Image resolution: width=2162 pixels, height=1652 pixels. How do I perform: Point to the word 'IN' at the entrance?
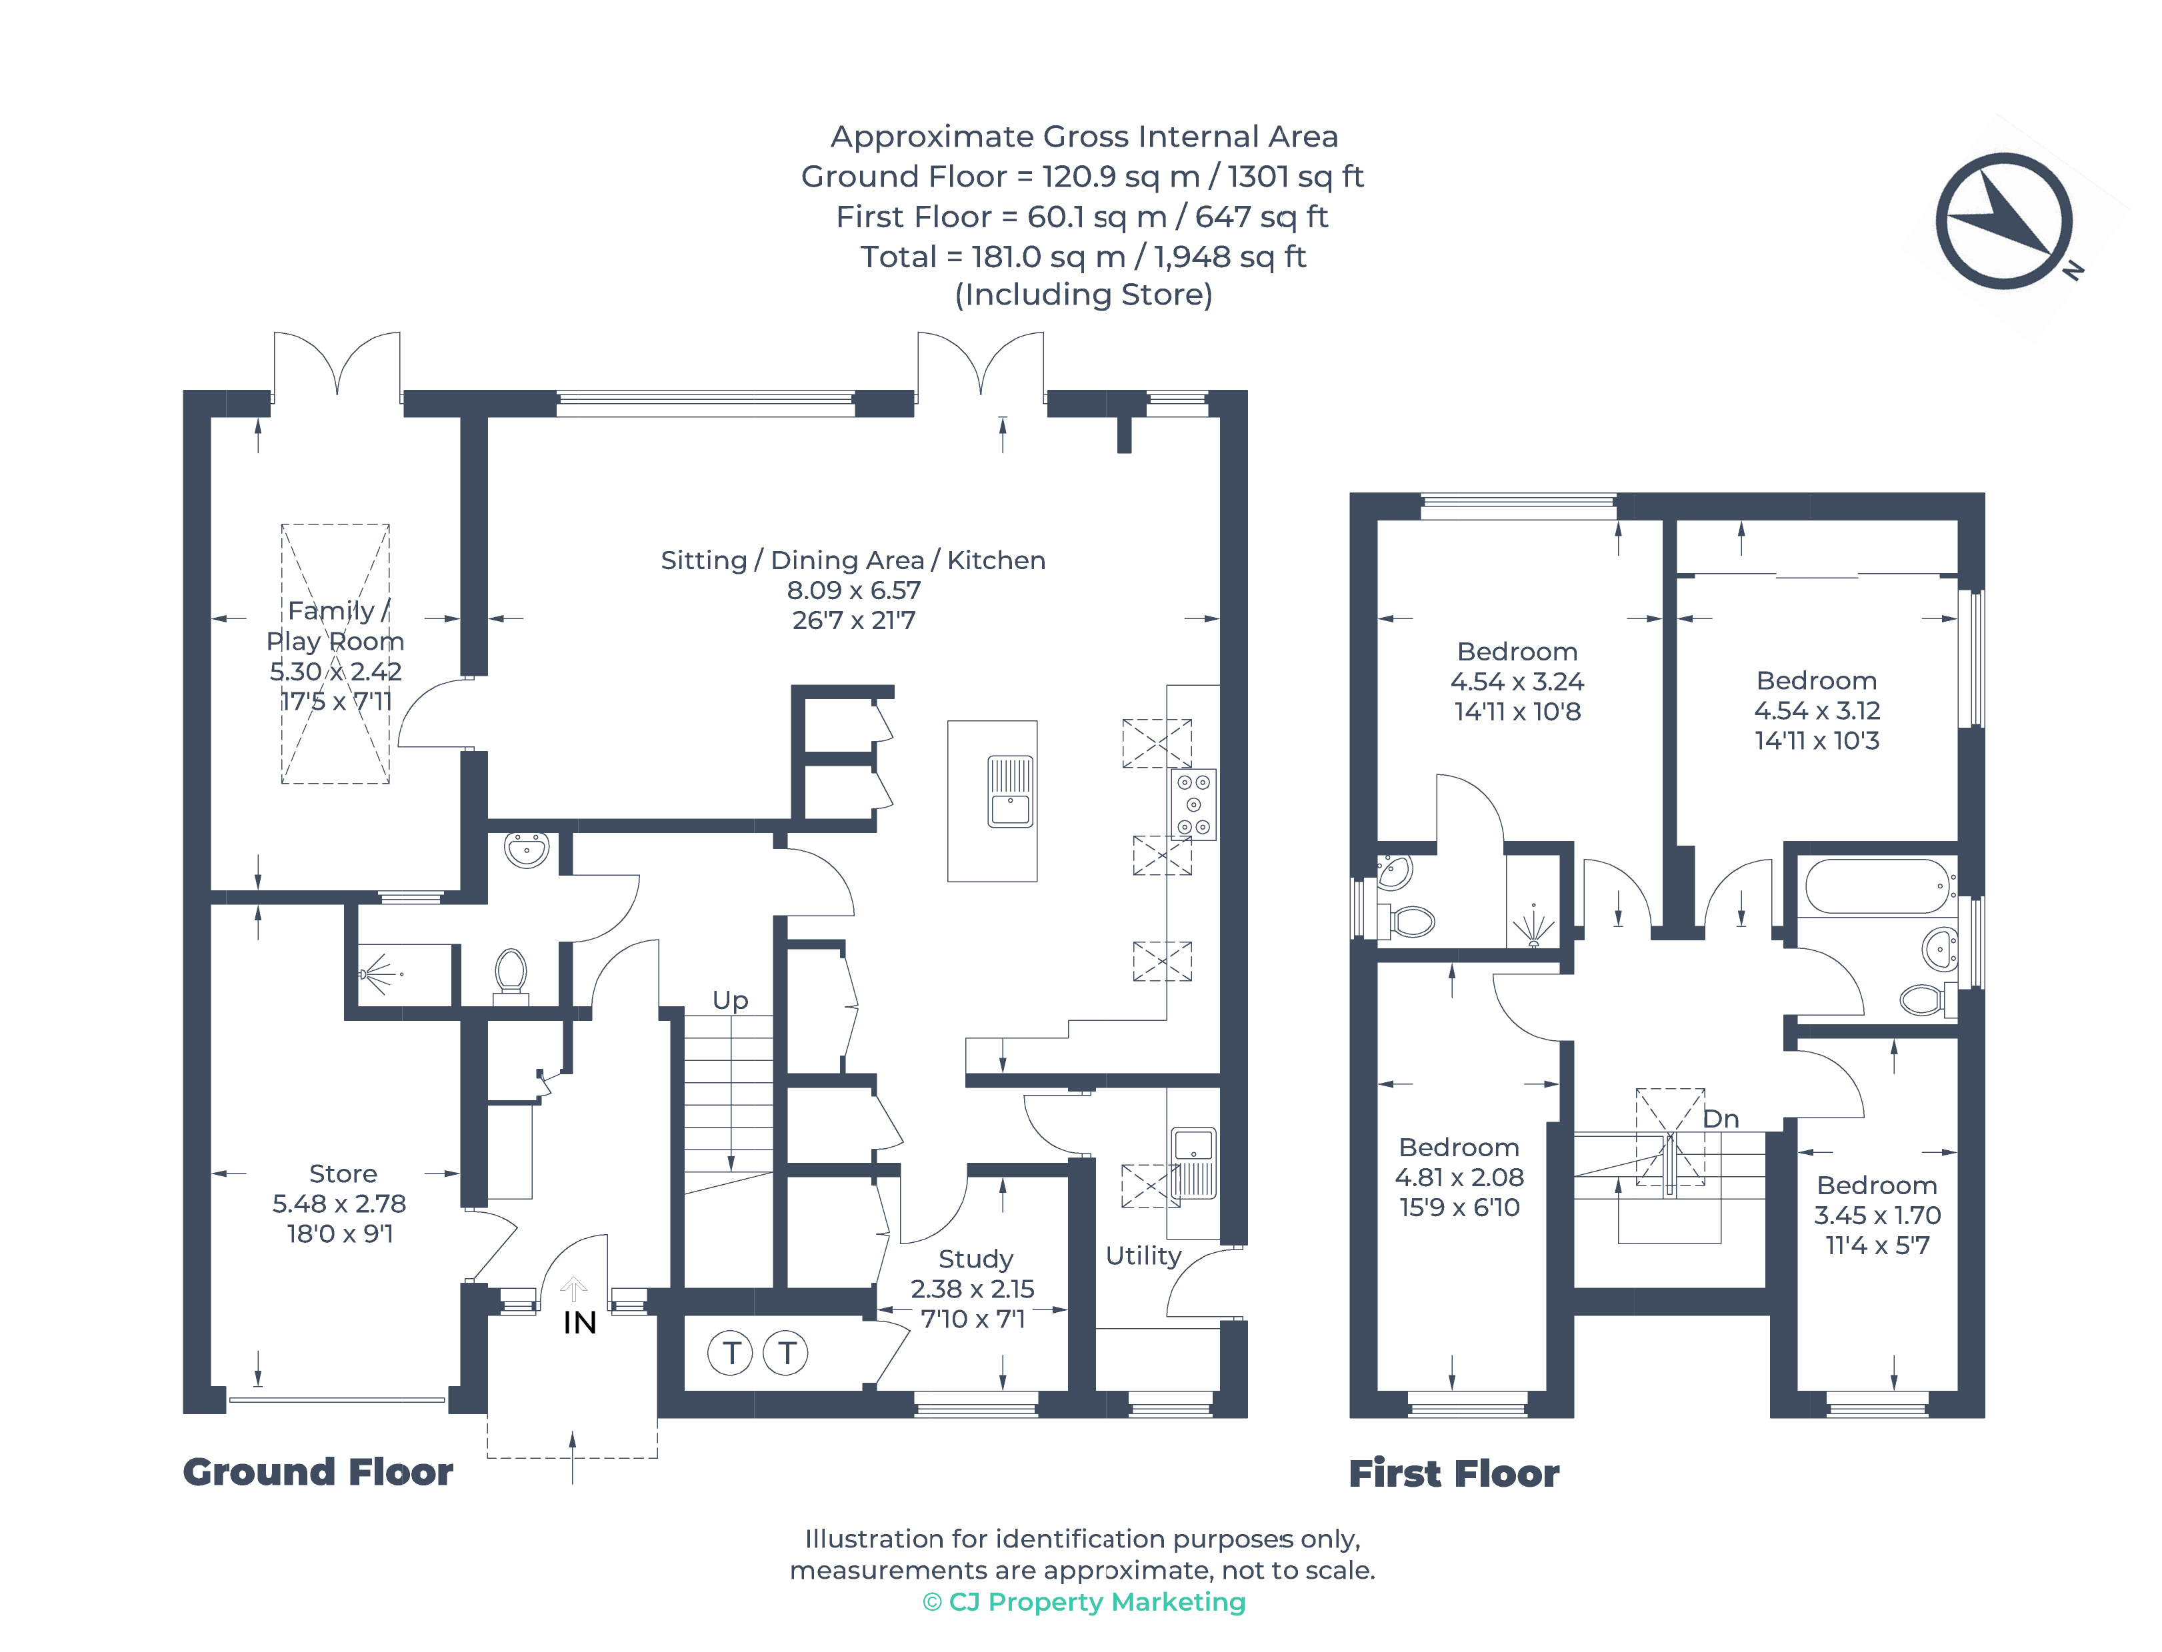(579, 1323)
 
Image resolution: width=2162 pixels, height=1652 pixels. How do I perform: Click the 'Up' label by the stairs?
(730, 1001)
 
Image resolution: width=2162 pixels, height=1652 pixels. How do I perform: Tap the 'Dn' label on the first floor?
(1721, 1118)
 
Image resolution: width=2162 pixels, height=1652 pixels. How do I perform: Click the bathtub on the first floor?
(1878, 886)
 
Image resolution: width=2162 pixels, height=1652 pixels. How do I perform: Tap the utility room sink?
(1193, 1162)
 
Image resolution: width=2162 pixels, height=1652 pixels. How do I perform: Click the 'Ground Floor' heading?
(318, 1472)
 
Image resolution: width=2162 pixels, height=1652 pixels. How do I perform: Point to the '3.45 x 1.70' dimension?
(1877, 1216)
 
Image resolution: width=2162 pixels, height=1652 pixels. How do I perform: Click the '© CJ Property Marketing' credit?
(1083, 1602)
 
